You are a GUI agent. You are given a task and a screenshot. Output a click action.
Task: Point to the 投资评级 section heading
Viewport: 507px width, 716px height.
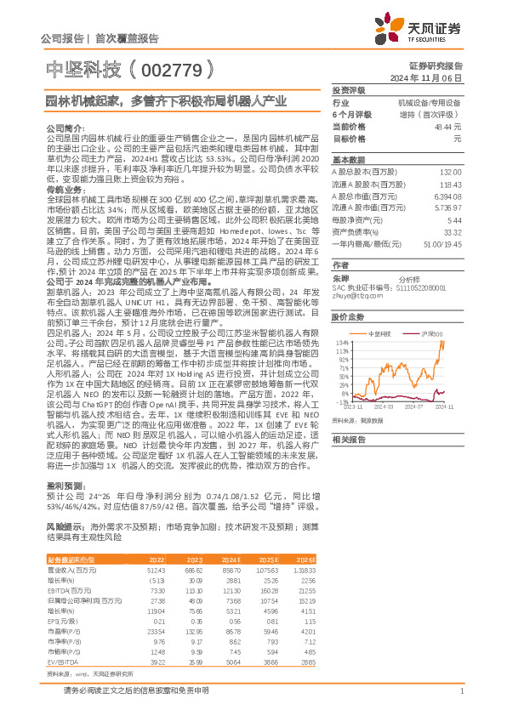(348, 89)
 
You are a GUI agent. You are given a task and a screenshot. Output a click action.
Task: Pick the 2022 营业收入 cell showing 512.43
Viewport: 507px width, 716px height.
(154, 570)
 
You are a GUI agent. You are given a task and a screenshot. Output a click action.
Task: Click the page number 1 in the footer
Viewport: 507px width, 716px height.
(460, 690)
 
